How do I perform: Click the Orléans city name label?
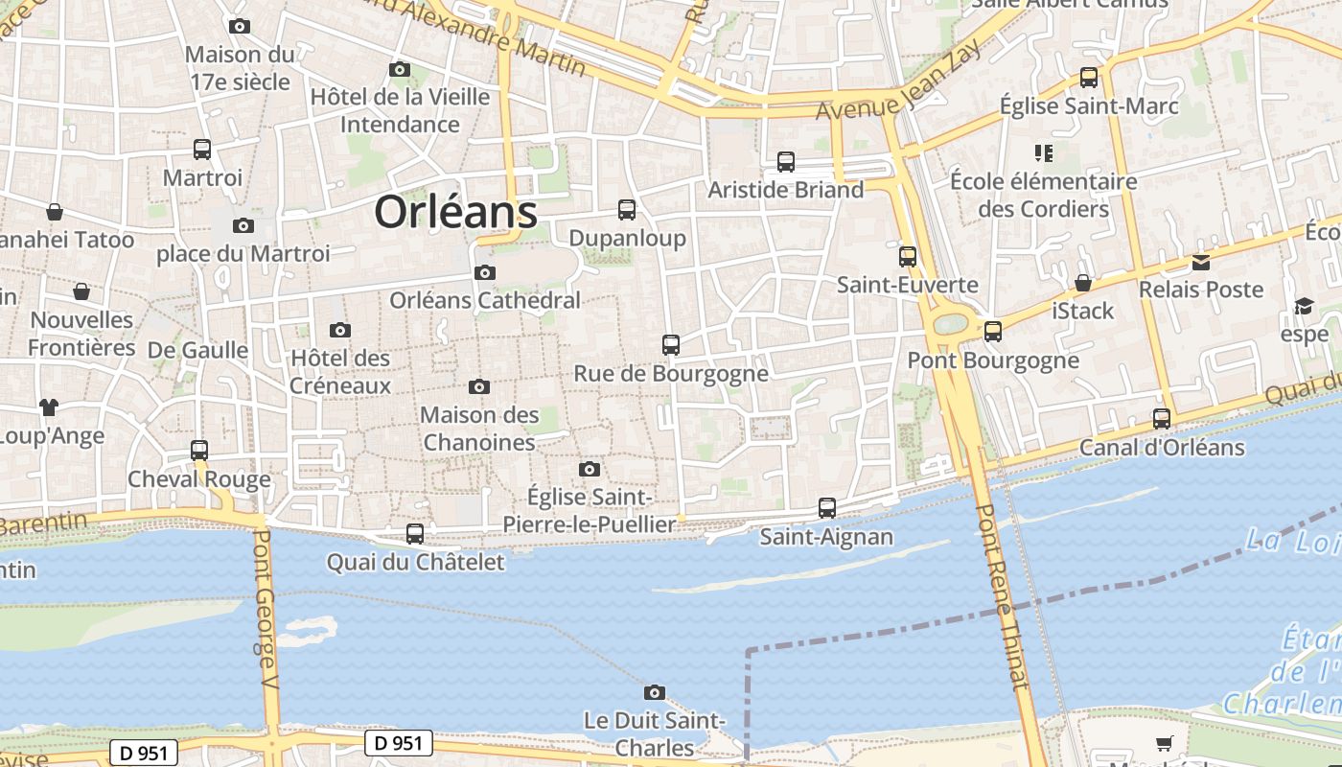click(x=455, y=212)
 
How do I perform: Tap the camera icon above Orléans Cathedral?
click(x=485, y=273)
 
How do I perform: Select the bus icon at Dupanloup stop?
click(x=627, y=210)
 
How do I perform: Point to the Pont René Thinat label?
click(x=1002, y=594)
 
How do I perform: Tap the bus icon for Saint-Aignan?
click(x=827, y=508)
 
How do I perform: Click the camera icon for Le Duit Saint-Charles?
click(x=655, y=692)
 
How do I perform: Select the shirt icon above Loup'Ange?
click(x=49, y=407)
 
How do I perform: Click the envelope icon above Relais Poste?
click(x=1201, y=262)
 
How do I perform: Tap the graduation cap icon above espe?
click(x=1304, y=306)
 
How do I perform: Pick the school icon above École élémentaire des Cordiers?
click(x=1044, y=152)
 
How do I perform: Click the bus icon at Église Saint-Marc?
click(x=1089, y=78)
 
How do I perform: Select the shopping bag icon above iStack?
click(x=1083, y=283)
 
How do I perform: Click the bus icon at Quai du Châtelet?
click(x=415, y=534)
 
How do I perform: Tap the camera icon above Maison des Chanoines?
click(x=479, y=387)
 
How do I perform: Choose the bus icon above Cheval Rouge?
click(x=199, y=451)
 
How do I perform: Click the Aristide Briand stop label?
click(x=786, y=190)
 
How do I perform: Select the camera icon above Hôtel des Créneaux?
click(x=340, y=331)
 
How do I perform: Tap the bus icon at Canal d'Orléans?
click(x=1162, y=419)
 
